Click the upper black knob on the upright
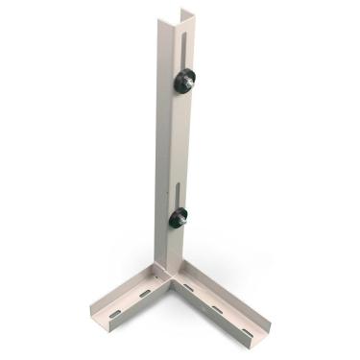pyautogui.click(x=184, y=81)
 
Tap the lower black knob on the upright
pyautogui.click(x=180, y=218)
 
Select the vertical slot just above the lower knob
pyautogui.click(x=180, y=187)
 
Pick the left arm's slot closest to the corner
pyautogui.click(x=145, y=293)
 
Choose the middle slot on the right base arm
pyautogui.click(x=217, y=309)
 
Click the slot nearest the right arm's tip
pyautogui.click(x=247, y=332)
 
